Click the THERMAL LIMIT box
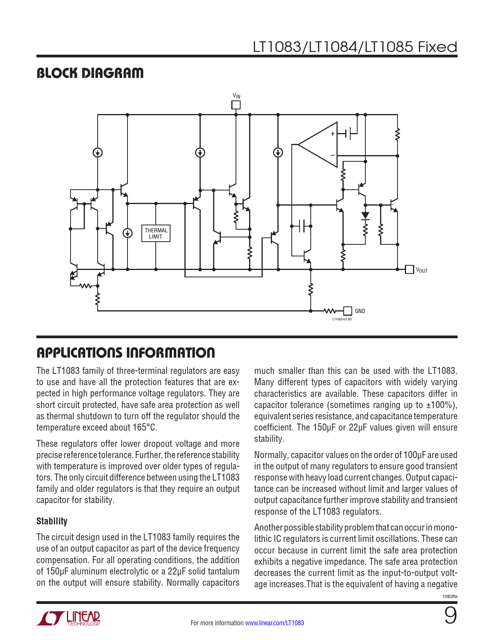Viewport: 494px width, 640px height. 156,233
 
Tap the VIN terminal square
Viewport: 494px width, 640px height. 236,105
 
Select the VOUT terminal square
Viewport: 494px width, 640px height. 409,269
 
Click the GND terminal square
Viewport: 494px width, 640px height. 348,311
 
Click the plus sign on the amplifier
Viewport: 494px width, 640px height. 332,134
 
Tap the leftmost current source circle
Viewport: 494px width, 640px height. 98,152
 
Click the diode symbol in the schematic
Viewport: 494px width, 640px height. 365,216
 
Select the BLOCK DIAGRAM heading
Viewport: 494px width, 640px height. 90,73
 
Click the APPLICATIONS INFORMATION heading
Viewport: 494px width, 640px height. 126,353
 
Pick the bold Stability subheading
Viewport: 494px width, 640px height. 52,521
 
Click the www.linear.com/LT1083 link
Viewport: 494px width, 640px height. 274,623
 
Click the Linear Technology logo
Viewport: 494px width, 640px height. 69,618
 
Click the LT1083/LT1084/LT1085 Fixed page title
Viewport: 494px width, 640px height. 355,47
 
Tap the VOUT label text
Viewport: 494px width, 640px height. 422,270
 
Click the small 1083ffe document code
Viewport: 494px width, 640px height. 450,596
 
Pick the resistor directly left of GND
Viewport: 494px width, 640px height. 329,311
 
